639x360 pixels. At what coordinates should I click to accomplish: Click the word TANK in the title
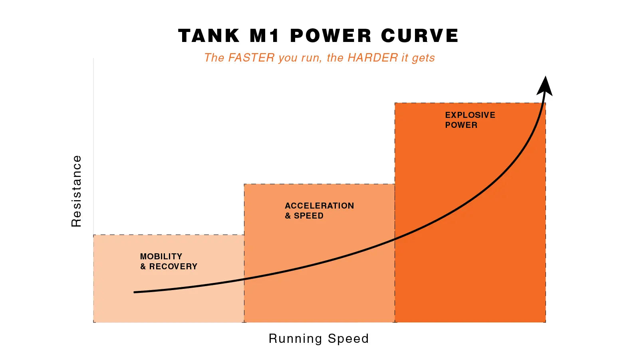pyautogui.click(x=208, y=36)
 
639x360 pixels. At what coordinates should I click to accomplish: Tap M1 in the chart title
pyautogui.click(x=264, y=36)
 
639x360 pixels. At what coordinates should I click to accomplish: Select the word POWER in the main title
pyautogui.click(x=331, y=36)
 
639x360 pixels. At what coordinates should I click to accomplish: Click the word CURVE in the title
pyautogui.click(x=419, y=36)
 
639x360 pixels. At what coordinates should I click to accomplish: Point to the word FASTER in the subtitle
pyautogui.click(x=251, y=58)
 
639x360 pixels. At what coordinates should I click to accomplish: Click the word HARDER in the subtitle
pyautogui.click(x=373, y=58)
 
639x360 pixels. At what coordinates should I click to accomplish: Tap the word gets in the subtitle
pyautogui.click(x=423, y=58)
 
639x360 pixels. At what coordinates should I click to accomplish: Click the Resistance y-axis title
pyautogui.click(x=76, y=191)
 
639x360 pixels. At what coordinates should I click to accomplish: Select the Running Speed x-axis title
pyautogui.click(x=319, y=338)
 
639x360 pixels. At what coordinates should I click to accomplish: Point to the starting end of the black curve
pyautogui.click(x=135, y=292)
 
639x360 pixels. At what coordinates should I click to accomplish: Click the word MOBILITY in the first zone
pyautogui.click(x=161, y=257)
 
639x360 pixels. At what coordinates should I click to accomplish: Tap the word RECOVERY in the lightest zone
pyautogui.click(x=173, y=267)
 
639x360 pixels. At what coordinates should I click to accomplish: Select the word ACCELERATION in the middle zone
pyautogui.click(x=319, y=206)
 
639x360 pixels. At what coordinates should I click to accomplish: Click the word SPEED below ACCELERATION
pyautogui.click(x=309, y=216)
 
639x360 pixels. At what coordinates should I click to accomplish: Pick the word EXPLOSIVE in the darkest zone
pyautogui.click(x=470, y=115)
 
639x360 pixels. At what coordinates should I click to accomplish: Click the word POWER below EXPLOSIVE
pyautogui.click(x=461, y=125)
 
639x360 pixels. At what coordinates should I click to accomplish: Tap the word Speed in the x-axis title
pyautogui.click(x=348, y=338)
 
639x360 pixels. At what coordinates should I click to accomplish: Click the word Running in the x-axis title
pyautogui.click(x=296, y=338)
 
